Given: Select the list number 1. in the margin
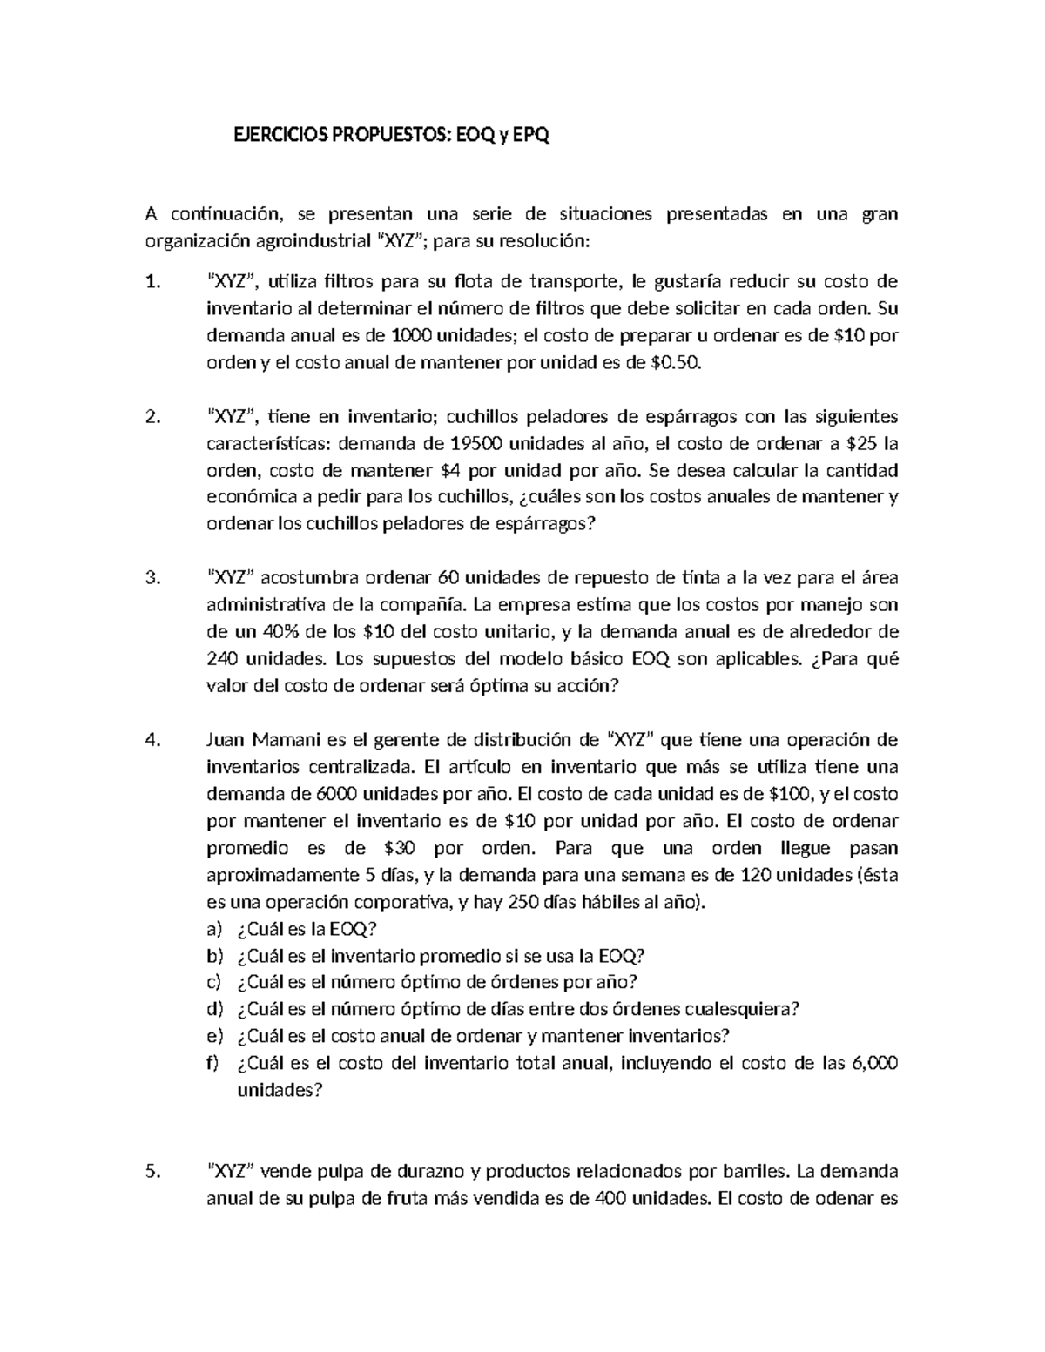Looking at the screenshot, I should pyautogui.click(x=153, y=281).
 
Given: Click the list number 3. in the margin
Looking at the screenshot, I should pyautogui.click(x=153, y=578).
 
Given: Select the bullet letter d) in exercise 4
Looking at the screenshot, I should pyautogui.click(x=215, y=1009).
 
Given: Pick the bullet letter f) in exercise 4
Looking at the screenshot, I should pyautogui.click(x=213, y=1063).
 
